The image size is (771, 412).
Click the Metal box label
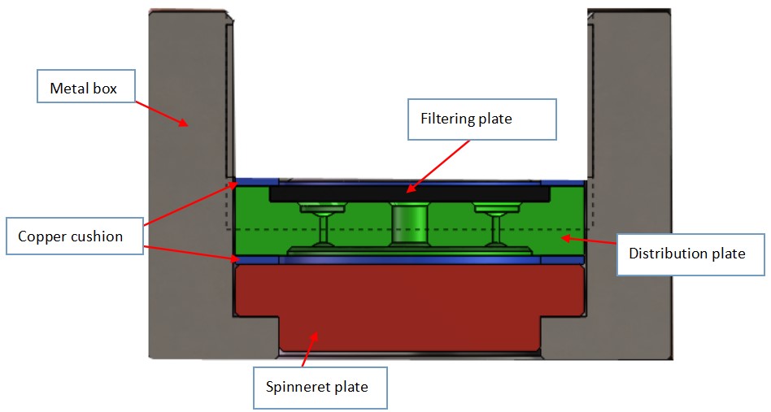[x=83, y=87]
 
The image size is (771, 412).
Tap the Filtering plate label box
[x=482, y=119]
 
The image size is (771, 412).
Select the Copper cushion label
[x=70, y=236]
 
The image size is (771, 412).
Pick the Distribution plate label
[x=686, y=254]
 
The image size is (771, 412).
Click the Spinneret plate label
[x=316, y=387]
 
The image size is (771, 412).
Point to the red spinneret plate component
[x=407, y=301]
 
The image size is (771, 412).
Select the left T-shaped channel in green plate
[x=323, y=223]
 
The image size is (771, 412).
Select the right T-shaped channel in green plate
[x=495, y=223]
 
